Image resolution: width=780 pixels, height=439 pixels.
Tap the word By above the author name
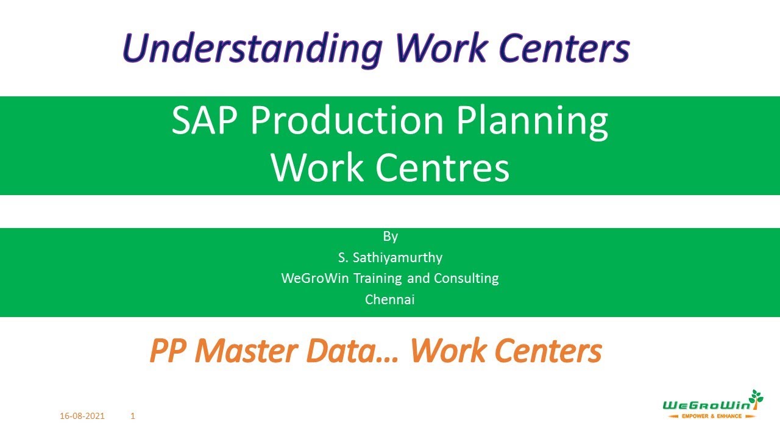[390, 236]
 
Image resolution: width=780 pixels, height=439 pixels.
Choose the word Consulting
[466, 279]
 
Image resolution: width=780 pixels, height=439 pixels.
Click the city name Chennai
[390, 299]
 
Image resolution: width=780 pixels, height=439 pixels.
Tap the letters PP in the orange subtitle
[167, 351]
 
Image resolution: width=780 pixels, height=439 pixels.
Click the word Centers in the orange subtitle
[548, 351]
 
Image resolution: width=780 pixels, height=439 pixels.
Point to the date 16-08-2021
[82, 416]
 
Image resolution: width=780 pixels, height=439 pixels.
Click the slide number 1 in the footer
[133, 416]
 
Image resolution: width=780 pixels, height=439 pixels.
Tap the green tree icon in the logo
[756, 398]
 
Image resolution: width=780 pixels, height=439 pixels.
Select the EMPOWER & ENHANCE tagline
[711, 416]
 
